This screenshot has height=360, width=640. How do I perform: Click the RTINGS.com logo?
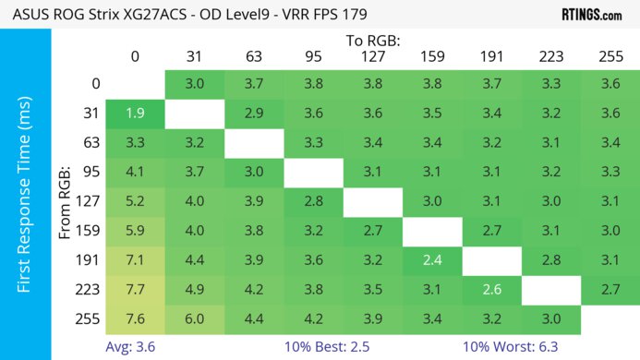click(591, 14)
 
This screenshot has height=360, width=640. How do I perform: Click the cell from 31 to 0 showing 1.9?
click(136, 114)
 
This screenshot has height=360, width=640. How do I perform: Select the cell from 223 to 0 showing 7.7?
click(136, 290)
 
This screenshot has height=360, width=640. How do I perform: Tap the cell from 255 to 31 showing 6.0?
click(195, 319)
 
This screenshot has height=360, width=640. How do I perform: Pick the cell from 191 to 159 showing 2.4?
click(431, 260)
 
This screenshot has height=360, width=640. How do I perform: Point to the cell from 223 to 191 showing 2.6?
click(490, 290)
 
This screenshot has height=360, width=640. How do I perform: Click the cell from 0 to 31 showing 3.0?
click(195, 84)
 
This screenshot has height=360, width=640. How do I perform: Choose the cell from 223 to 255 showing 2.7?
click(610, 290)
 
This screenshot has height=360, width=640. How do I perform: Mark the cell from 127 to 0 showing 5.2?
click(136, 201)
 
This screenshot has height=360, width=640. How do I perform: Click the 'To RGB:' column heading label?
click(372, 41)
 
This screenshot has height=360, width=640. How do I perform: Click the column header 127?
click(372, 57)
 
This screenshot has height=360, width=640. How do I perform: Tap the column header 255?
click(610, 57)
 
